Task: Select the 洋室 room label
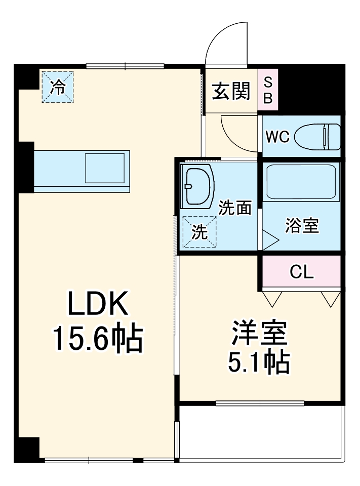pos(260,333)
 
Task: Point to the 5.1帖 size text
pos(260,361)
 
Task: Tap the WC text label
pos(277,137)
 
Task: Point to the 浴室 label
pos(302,226)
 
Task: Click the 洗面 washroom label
pos(235,208)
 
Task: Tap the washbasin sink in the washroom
pos(197,186)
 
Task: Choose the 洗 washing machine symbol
pos(199,232)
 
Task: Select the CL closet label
pos(302,272)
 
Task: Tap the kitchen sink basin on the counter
pos(104,168)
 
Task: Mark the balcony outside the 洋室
pos(261,433)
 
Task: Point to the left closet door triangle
pos(272,299)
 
